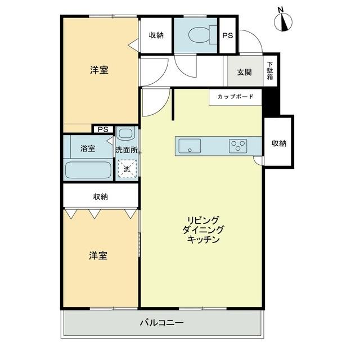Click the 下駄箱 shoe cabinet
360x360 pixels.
click(x=269, y=71)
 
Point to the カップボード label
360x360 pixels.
click(x=235, y=97)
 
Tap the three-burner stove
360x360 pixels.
click(x=237, y=146)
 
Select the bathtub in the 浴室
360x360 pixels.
click(x=88, y=169)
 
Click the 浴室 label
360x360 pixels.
click(x=88, y=149)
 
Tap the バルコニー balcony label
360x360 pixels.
click(x=161, y=323)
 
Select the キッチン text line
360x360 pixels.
click(x=204, y=239)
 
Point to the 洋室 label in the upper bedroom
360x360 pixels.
click(x=99, y=70)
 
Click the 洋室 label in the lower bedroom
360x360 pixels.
click(x=98, y=255)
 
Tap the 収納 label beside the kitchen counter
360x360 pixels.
click(x=279, y=143)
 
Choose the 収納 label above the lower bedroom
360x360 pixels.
click(x=101, y=197)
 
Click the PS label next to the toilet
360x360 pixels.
click(x=227, y=35)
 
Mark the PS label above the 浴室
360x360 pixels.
click(x=102, y=129)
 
